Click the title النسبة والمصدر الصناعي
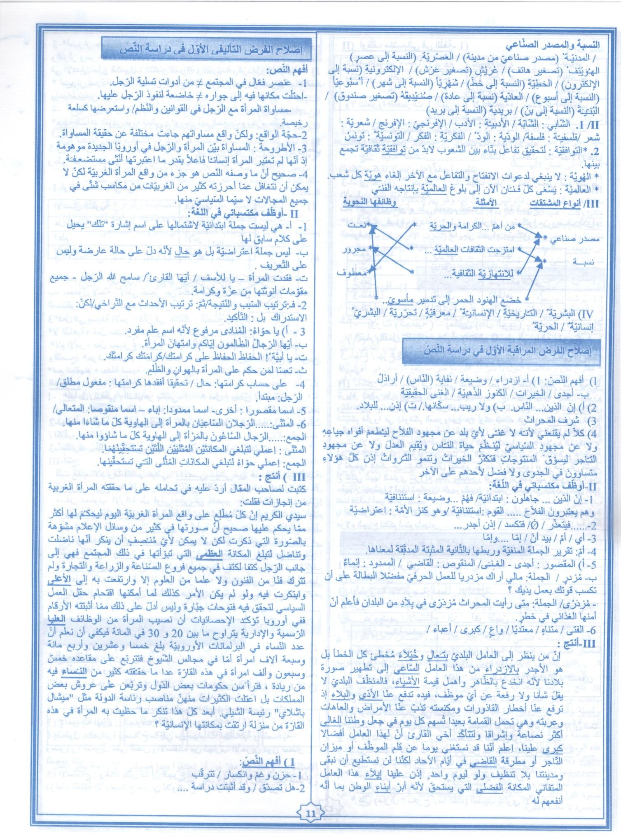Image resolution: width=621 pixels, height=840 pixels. pos(553,44)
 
